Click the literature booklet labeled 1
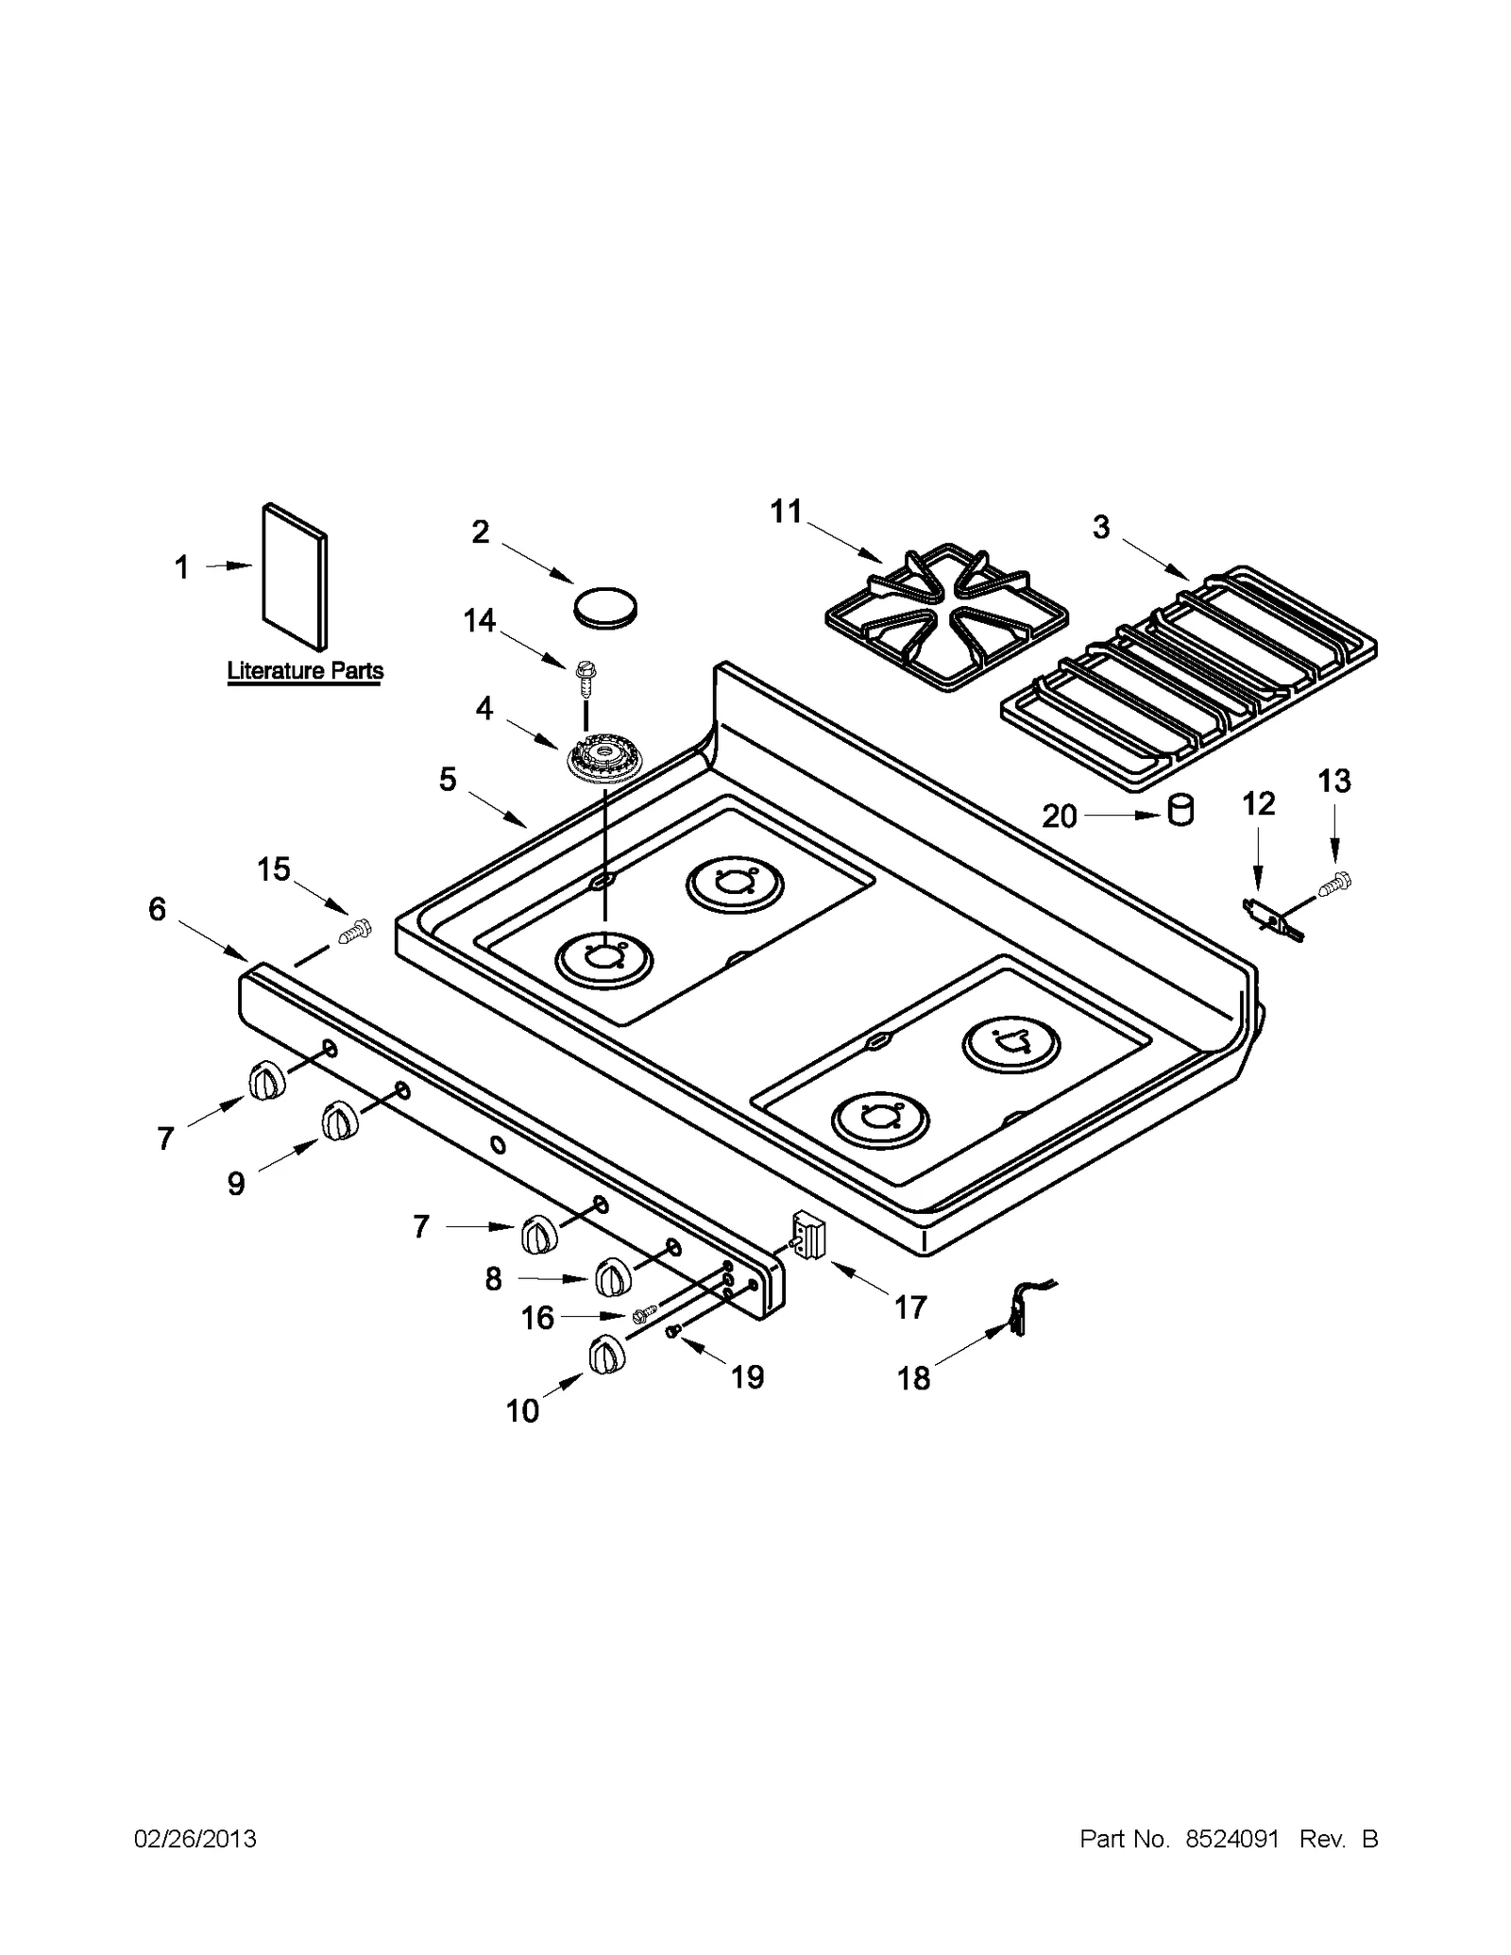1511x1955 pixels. click(x=295, y=578)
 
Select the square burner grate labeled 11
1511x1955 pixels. click(x=945, y=618)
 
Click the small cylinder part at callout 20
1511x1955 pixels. click(x=1180, y=811)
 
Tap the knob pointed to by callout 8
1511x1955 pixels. click(x=612, y=1277)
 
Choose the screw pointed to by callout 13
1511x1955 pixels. click(x=1337, y=884)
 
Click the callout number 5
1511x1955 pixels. click(x=448, y=780)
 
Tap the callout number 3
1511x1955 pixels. click(x=1101, y=528)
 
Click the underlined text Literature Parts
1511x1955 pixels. click(x=305, y=671)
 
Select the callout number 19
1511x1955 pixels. click(x=747, y=1377)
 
